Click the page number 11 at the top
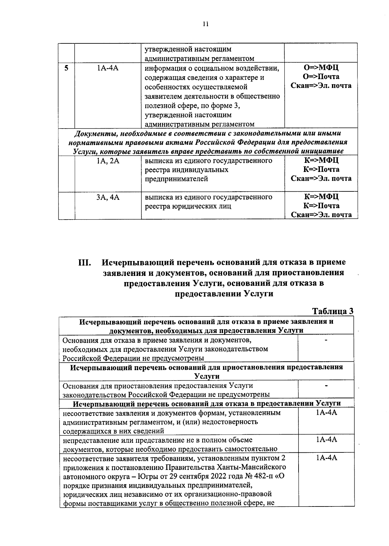[x=205, y=24]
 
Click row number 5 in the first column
[x=66, y=68]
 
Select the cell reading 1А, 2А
[x=108, y=161]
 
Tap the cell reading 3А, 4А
[x=108, y=197]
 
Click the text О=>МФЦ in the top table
[x=321, y=68]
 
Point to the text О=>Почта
[x=321, y=77]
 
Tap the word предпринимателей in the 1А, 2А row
[x=176, y=179]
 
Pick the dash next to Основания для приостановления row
[x=326, y=385]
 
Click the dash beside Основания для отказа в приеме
[x=326, y=340]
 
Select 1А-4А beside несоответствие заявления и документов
[x=326, y=413]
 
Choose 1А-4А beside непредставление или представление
[x=326, y=439]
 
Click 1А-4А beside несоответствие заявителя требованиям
[x=326, y=458]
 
